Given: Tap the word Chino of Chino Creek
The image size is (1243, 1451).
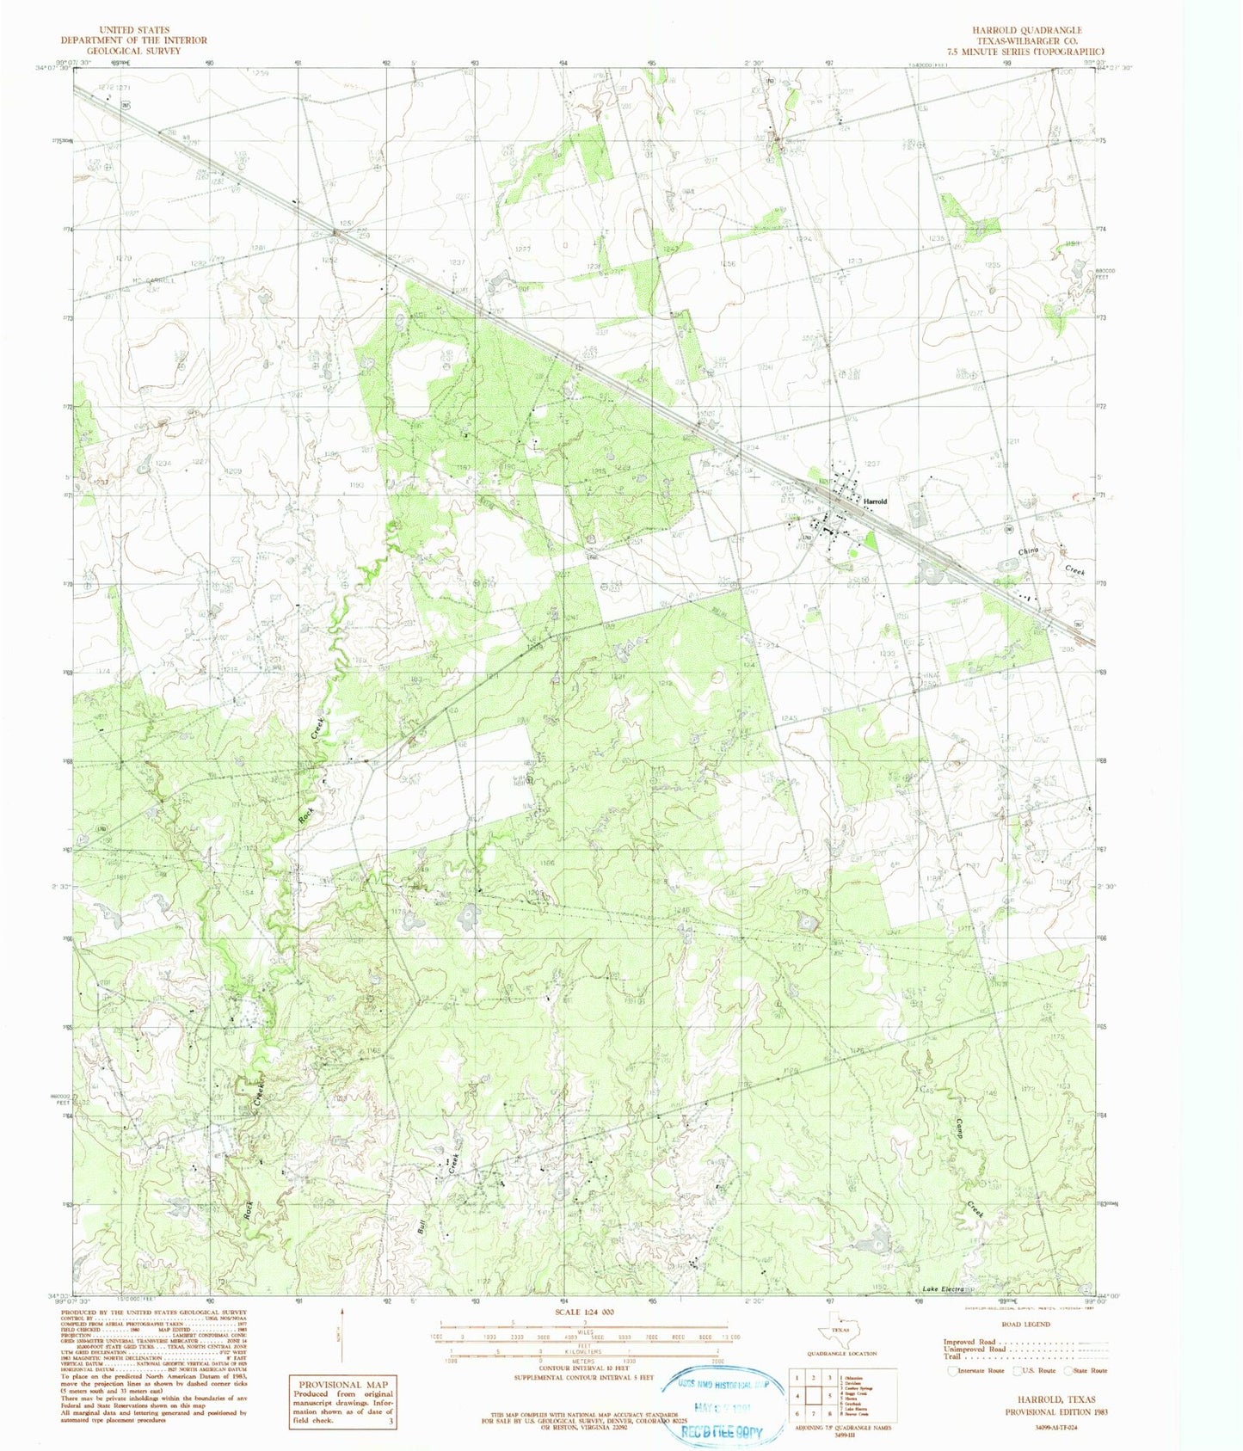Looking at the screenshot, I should (1029, 550).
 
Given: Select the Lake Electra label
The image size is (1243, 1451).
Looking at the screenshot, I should (940, 1288).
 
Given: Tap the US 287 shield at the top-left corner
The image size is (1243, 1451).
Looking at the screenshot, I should (126, 105).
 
